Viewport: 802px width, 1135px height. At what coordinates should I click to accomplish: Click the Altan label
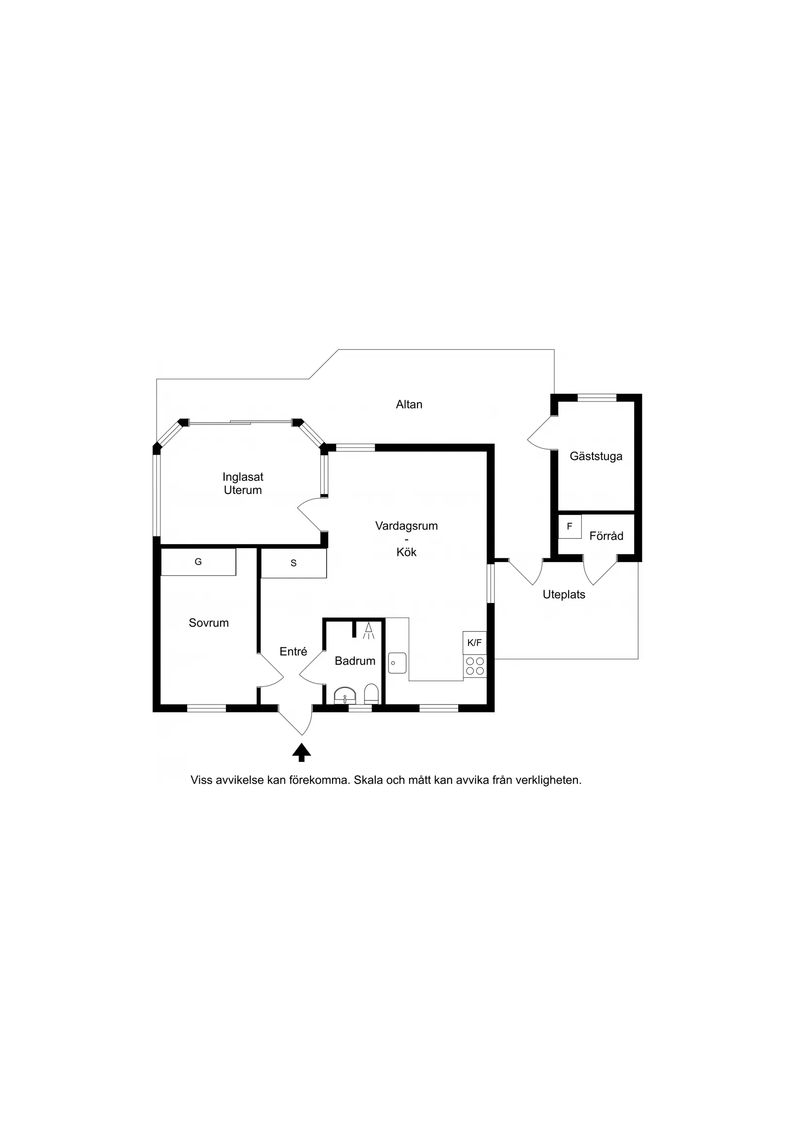[x=409, y=405]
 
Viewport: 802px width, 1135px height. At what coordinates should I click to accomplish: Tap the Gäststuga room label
[x=596, y=456]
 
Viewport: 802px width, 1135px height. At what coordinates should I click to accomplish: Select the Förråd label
[x=606, y=536]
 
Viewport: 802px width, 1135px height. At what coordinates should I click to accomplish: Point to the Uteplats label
[x=564, y=595]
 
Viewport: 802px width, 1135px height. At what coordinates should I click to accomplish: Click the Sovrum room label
[x=209, y=623]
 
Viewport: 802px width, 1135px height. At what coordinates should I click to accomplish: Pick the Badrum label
[x=355, y=661]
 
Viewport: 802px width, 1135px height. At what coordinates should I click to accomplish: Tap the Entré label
[x=294, y=652]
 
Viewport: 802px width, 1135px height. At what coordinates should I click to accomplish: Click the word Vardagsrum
[x=406, y=526]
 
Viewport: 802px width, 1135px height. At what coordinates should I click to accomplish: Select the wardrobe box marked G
[x=198, y=562]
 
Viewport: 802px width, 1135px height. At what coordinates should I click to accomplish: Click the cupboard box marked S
[x=294, y=563]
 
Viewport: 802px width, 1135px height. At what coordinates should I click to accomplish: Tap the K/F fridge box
[x=474, y=643]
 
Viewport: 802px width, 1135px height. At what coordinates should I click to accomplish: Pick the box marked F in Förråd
[x=570, y=527]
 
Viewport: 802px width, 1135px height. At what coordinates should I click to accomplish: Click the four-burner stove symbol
[x=475, y=666]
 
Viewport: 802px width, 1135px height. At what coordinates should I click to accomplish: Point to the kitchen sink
[x=397, y=663]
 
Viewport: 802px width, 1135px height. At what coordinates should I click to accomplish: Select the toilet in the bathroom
[x=371, y=694]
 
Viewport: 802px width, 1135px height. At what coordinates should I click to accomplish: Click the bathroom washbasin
[x=345, y=695]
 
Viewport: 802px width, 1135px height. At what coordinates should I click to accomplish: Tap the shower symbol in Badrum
[x=368, y=631]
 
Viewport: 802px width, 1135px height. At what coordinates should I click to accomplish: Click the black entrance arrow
[x=301, y=753]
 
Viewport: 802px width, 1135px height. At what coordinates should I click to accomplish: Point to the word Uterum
[x=243, y=490]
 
